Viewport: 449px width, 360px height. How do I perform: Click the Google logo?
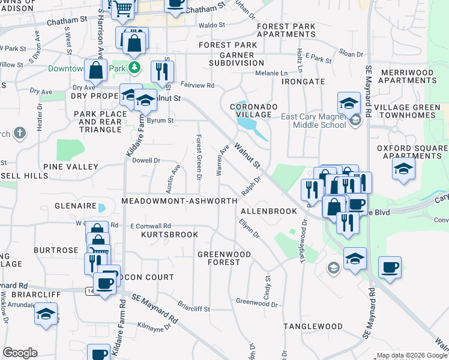20,353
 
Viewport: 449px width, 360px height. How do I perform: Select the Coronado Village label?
254,110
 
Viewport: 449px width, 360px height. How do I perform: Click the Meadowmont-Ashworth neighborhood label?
179,201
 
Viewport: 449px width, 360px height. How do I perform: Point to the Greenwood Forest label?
224,259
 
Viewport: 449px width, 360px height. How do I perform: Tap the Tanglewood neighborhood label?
313,326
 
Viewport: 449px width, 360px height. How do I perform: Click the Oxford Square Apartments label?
413,152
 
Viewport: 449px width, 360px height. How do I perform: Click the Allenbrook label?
269,211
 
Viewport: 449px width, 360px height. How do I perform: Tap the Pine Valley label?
70,166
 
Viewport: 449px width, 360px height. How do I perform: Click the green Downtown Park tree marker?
136,68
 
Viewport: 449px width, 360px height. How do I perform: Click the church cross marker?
19,133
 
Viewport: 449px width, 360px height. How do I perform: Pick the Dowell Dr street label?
146,160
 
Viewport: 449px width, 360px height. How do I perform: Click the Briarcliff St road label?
193,309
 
